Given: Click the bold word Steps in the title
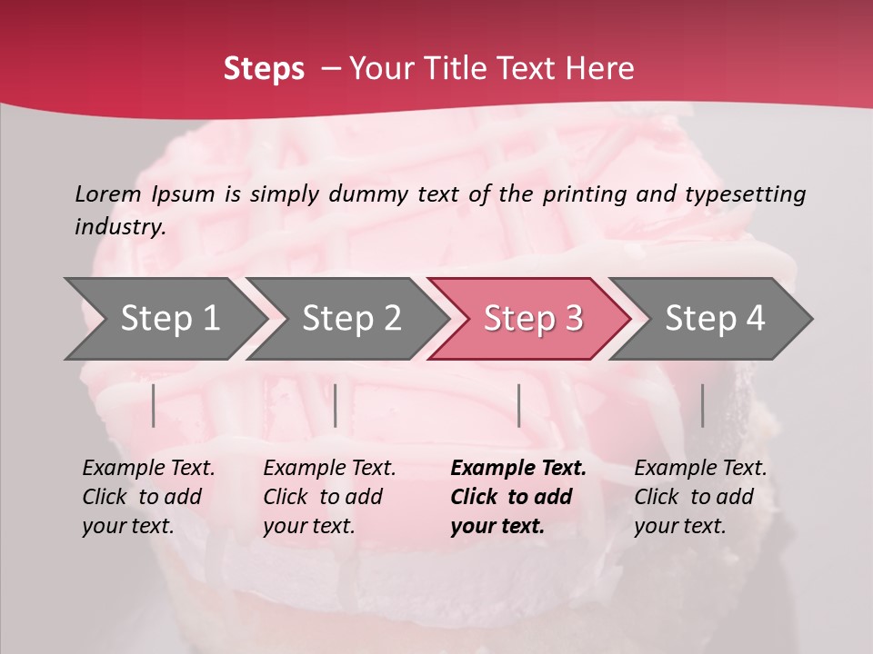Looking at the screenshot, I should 264,68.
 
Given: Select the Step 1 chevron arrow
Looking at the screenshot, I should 164,318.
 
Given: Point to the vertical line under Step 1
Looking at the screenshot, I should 154,405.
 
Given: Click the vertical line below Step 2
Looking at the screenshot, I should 336,405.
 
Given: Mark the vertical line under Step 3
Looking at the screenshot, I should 518,405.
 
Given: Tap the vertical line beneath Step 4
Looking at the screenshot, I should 702,405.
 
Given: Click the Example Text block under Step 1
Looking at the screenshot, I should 147,497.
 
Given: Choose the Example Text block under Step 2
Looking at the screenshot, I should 328,497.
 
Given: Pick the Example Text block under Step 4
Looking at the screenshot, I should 699,497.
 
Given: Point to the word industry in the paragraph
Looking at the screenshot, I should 120,227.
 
